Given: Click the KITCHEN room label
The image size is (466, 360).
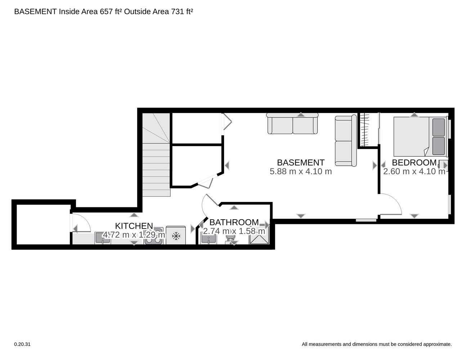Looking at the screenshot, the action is tap(134, 226).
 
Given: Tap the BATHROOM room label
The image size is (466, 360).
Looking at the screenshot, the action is tap(234, 222).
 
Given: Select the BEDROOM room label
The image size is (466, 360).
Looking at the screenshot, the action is tap(414, 162).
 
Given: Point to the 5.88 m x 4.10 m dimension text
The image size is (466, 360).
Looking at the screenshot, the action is tap(301, 171).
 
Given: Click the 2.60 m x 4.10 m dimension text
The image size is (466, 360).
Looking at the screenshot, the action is tap(414, 171).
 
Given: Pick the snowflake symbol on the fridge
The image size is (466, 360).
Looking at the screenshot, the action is tap(176, 236).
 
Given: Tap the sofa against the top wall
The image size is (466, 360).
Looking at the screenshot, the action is tap(292, 123).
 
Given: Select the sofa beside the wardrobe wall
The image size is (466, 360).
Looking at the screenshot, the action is tap(346, 140).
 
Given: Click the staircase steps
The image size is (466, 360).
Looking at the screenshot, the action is tap(156, 155).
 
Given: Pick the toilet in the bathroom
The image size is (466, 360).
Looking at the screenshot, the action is tap(230, 239).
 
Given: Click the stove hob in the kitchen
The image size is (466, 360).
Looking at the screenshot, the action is tap(154, 236).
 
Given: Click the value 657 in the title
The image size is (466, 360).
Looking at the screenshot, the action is tap(106, 12).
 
